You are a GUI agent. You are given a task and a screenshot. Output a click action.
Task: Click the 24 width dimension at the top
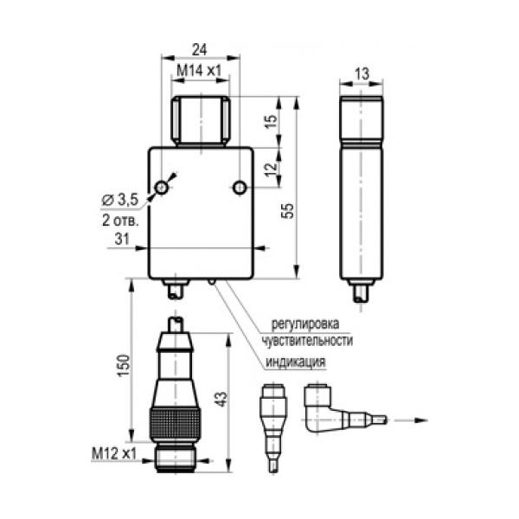click(200, 50)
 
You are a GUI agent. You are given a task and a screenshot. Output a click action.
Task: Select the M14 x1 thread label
click(199, 71)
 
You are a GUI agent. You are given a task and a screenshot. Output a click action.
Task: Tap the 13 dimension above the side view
click(362, 74)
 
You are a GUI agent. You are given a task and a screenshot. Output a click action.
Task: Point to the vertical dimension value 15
click(271, 121)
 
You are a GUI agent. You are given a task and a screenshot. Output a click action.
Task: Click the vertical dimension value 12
click(271, 170)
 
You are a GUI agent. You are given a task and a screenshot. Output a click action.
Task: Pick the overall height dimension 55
click(288, 210)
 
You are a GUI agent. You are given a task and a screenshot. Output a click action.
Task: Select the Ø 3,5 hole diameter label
click(120, 200)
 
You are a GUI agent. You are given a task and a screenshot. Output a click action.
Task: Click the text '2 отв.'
click(120, 221)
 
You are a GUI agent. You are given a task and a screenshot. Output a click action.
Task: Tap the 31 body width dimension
click(122, 239)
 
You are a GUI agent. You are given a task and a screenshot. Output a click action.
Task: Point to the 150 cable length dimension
click(124, 365)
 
